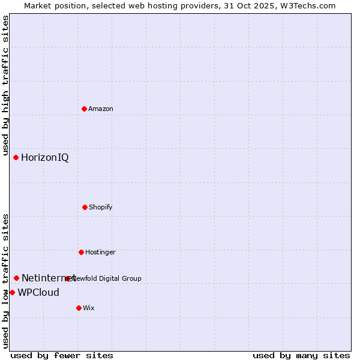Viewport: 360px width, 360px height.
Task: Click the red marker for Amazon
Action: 84,109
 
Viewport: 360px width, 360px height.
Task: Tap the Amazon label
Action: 101,109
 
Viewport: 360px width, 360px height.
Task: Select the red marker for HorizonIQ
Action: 16,157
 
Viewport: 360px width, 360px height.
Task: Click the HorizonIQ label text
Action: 45,158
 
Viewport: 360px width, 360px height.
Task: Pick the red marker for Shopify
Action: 85,207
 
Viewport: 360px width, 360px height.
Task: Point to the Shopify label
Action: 101,207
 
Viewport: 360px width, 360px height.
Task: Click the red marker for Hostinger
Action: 81,252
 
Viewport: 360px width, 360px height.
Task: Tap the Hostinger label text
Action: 100,252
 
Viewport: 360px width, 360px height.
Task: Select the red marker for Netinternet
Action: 16,278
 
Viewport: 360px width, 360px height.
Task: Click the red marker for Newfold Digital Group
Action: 67,278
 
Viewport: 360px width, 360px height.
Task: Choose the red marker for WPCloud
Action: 12,292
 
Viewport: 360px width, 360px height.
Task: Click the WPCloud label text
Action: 38,293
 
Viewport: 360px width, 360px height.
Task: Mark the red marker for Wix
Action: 79,308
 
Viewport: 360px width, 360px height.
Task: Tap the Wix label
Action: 89,308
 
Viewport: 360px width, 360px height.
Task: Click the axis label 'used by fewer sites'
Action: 62,355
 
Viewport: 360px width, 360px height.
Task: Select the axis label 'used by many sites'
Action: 301,355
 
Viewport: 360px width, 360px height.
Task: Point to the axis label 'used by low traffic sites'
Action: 6,280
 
